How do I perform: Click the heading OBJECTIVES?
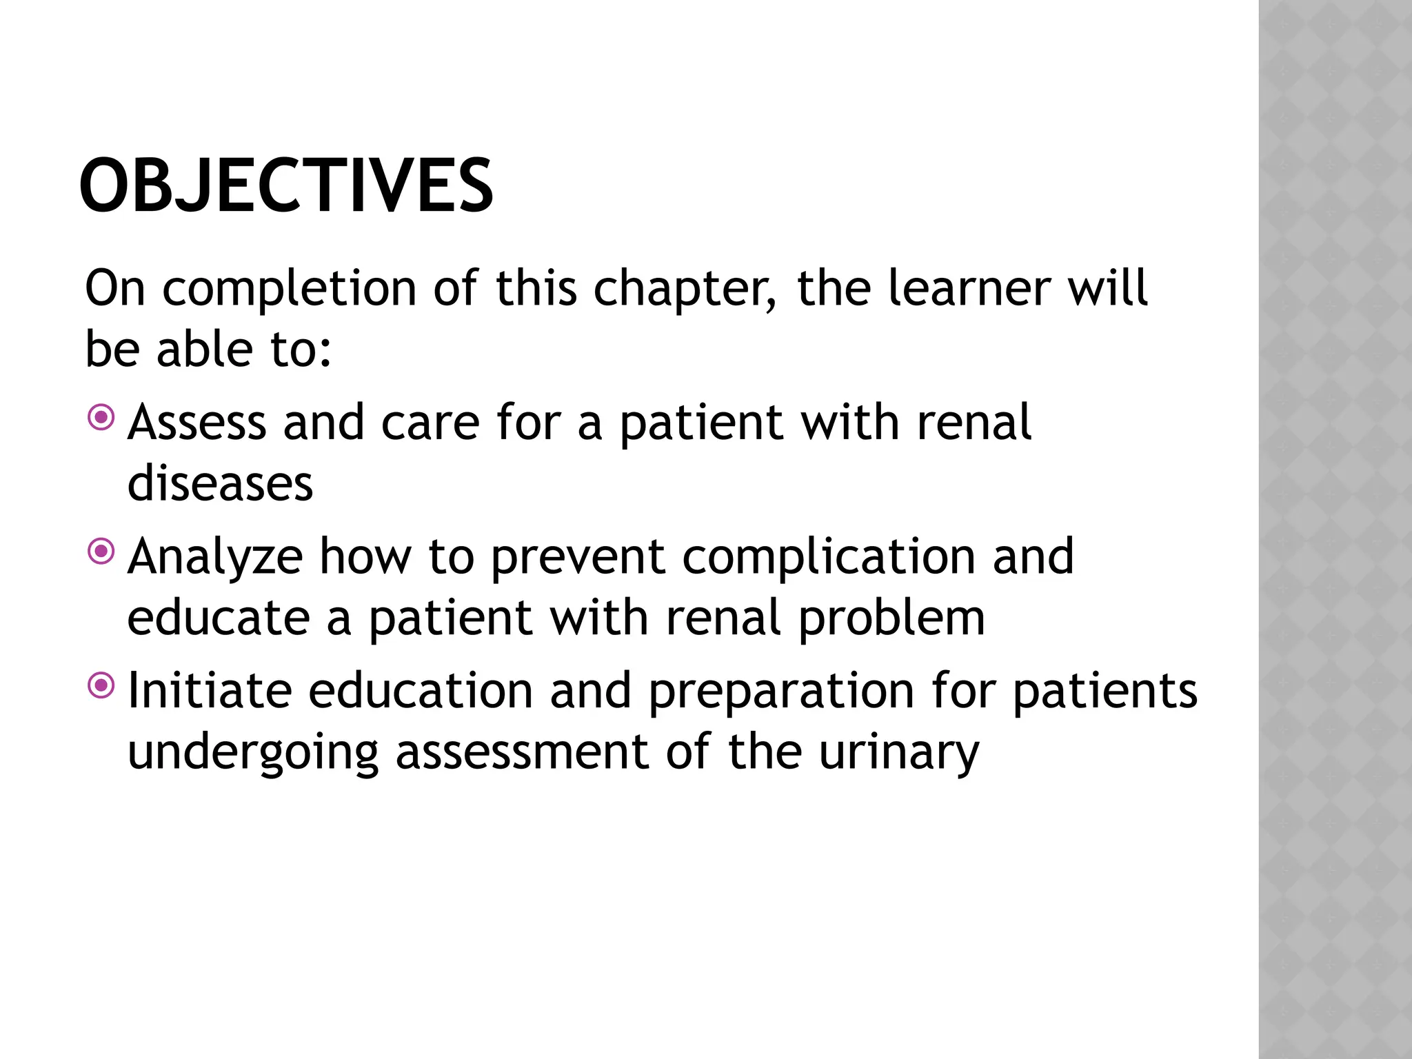[x=286, y=186]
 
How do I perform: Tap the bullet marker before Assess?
[x=101, y=416]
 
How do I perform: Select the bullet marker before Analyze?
[x=101, y=550]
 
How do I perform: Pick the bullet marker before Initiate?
[x=101, y=685]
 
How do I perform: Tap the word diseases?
[x=220, y=483]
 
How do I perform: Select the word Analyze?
[x=215, y=557]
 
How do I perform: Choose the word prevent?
[x=578, y=557]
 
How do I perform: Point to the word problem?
[x=891, y=618]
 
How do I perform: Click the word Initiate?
[x=210, y=691]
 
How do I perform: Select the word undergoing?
[x=253, y=753]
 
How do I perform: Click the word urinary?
[x=898, y=753]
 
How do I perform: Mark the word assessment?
[x=522, y=752]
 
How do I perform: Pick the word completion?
[x=289, y=290]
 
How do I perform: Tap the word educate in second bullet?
[x=219, y=618]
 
